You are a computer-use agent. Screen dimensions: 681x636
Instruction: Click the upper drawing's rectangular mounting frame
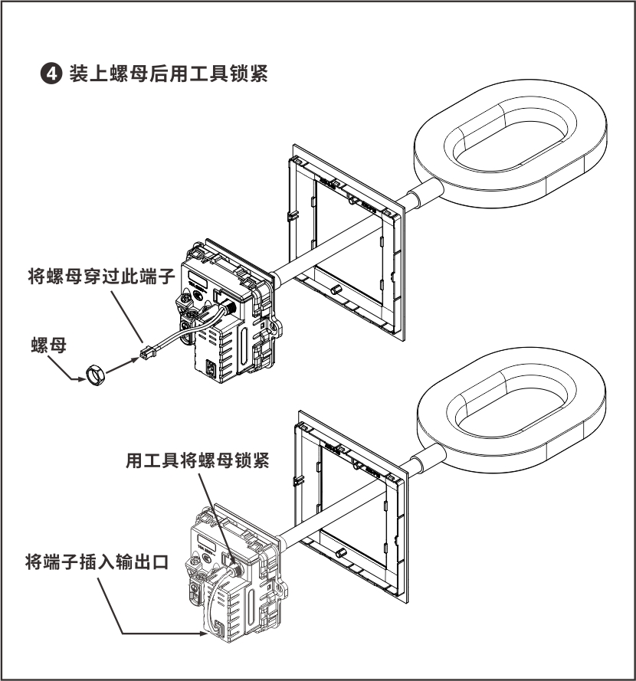(x=345, y=237)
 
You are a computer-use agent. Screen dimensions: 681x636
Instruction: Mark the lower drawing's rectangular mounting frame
(x=349, y=506)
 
